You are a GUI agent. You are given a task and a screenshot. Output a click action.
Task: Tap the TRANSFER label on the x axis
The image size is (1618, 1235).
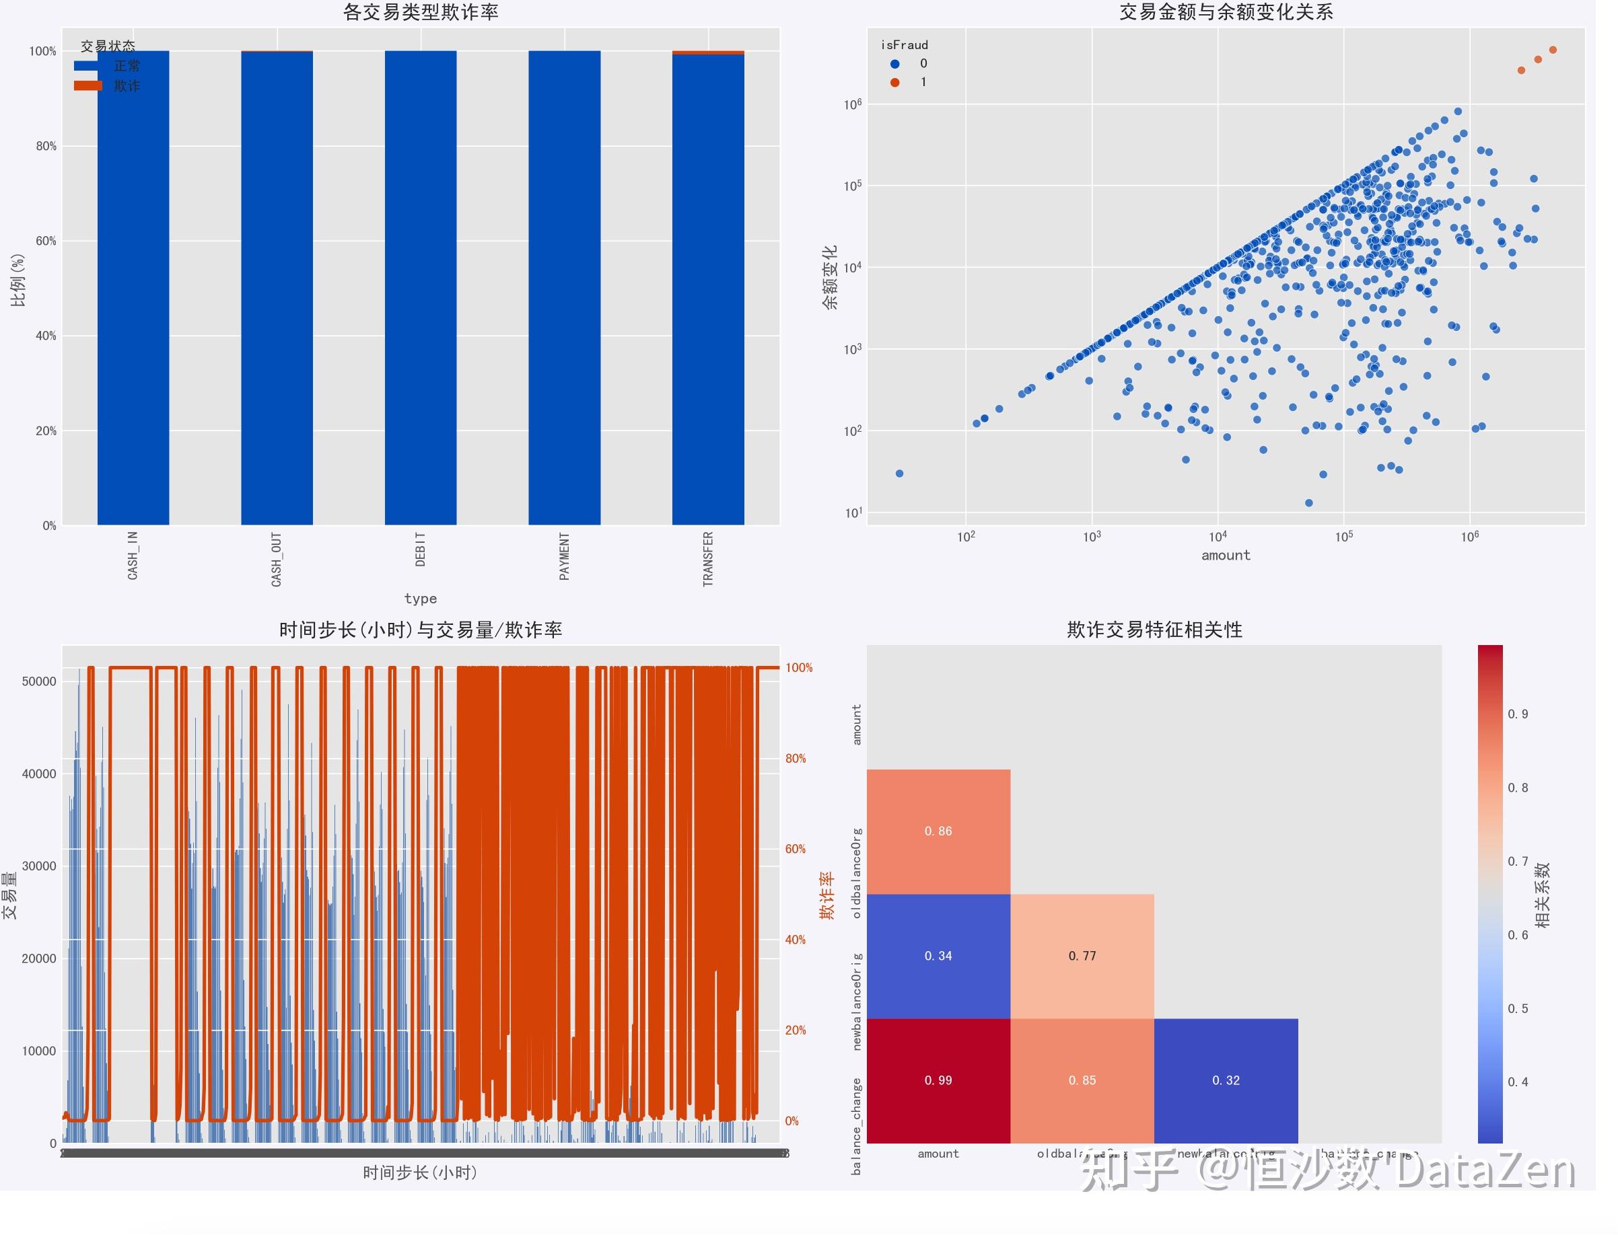708,559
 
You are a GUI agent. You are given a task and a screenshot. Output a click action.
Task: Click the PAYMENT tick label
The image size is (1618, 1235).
565,556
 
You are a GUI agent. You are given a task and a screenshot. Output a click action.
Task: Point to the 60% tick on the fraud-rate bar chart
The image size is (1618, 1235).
46,241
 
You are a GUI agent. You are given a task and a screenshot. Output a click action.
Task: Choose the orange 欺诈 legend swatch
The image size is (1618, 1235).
88,86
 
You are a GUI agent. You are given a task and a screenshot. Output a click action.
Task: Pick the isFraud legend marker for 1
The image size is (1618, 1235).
895,82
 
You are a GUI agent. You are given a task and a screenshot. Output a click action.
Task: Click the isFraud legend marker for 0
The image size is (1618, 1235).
895,64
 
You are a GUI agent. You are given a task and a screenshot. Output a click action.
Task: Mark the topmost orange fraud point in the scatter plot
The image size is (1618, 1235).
1553,50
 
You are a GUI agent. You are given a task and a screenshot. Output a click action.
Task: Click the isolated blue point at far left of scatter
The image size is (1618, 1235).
899,474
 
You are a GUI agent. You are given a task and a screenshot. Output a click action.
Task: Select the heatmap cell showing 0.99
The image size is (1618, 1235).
938,1080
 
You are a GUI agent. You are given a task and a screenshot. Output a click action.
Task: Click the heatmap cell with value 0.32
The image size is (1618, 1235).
1226,1080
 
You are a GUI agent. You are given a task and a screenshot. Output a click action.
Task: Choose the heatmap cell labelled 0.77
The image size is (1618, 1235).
1082,956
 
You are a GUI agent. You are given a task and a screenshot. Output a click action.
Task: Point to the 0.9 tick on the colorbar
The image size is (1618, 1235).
1517,714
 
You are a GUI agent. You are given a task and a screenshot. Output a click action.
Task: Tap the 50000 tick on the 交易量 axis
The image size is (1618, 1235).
39,681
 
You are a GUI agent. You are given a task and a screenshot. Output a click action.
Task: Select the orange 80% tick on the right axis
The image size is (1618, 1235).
796,759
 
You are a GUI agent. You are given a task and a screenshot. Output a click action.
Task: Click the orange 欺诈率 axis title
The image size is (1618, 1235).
827,895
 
